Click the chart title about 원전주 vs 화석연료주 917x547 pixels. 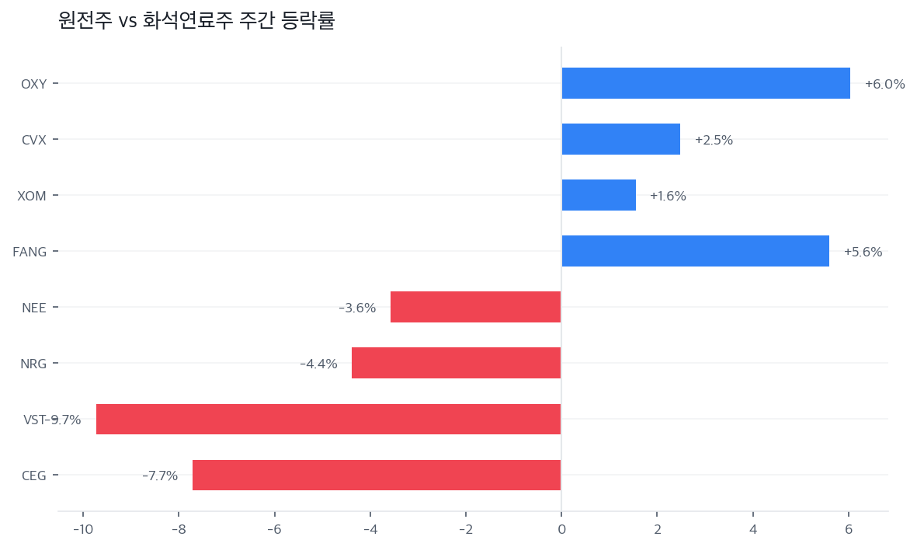pyautogui.click(x=196, y=21)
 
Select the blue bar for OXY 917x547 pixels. pyautogui.click(x=705, y=83)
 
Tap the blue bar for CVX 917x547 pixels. pyautogui.click(x=620, y=139)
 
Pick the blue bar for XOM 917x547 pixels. pyautogui.click(x=599, y=195)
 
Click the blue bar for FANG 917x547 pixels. pyautogui.click(x=695, y=251)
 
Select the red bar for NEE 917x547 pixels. pyautogui.click(x=475, y=307)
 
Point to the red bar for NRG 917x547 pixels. pyautogui.click(x=456, y=363)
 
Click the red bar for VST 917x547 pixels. pyautogui.click(x=328, y=419)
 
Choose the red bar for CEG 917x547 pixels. pyautogui.click(x=377, y=475)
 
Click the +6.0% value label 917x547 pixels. pyautogui.click(x=884, y=84)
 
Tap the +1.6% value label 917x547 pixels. pyautogui.click(x=668, y=196)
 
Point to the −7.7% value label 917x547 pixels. pyautogui.click(x=160, y=476)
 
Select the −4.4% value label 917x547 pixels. pyautogui.click(x=318, y=364)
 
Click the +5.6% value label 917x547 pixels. pyautogui.click(x=863, y=252)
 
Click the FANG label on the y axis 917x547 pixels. pyautogui.click(x=30, y=252)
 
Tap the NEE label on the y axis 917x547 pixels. pyautogui.click(x=34, y=308)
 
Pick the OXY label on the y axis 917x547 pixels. pyautogui.click(x=33, y=84)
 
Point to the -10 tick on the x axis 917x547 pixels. pyautogui.click(x=82, y=530)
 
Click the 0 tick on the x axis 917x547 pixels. pyautogui.click(x=561, y=530)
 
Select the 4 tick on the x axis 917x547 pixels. pyautogui.click(x=752, y=530)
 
